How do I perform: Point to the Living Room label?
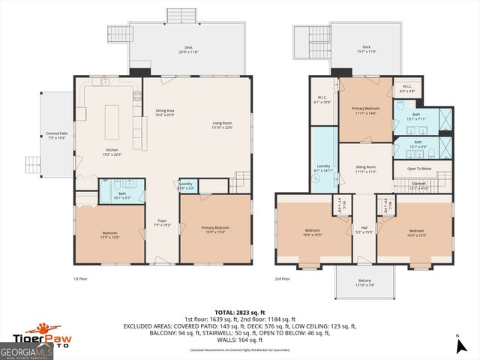coord(222,126)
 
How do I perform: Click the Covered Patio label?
coord(57,136)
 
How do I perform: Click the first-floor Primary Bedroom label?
coord(215,229)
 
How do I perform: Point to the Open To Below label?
coord(420,169)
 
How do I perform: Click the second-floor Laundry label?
coord(323,168)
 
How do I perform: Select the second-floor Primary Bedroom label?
coord(366,110)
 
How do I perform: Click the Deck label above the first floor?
coord(188,49)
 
